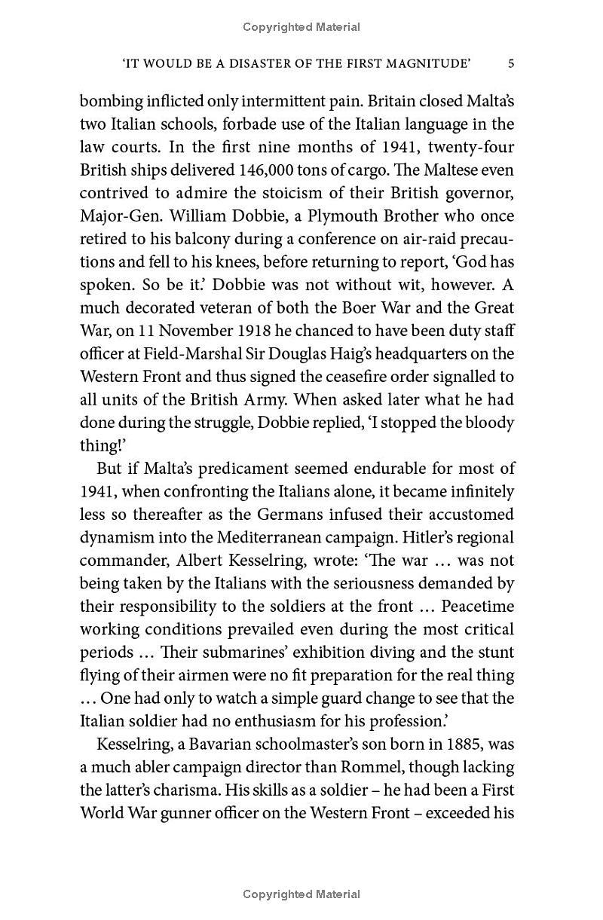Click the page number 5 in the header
click(x=511, y=64)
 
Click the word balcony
click(x=188, y=239)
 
